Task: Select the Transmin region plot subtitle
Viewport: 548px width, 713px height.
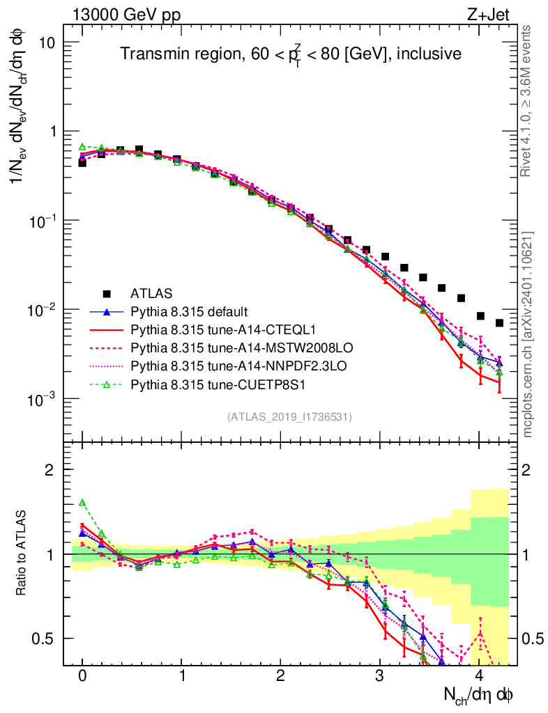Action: tap(290, 54)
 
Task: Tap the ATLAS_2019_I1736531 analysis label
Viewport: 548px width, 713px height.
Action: tap(289, 417)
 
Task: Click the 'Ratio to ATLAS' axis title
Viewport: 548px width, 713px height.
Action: tap(22, 554)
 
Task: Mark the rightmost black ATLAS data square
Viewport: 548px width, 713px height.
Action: tap(499, 323)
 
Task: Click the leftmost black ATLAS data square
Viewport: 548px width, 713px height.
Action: tap(82, 163)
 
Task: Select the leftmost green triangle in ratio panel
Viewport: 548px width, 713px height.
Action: tap(82, 502)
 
